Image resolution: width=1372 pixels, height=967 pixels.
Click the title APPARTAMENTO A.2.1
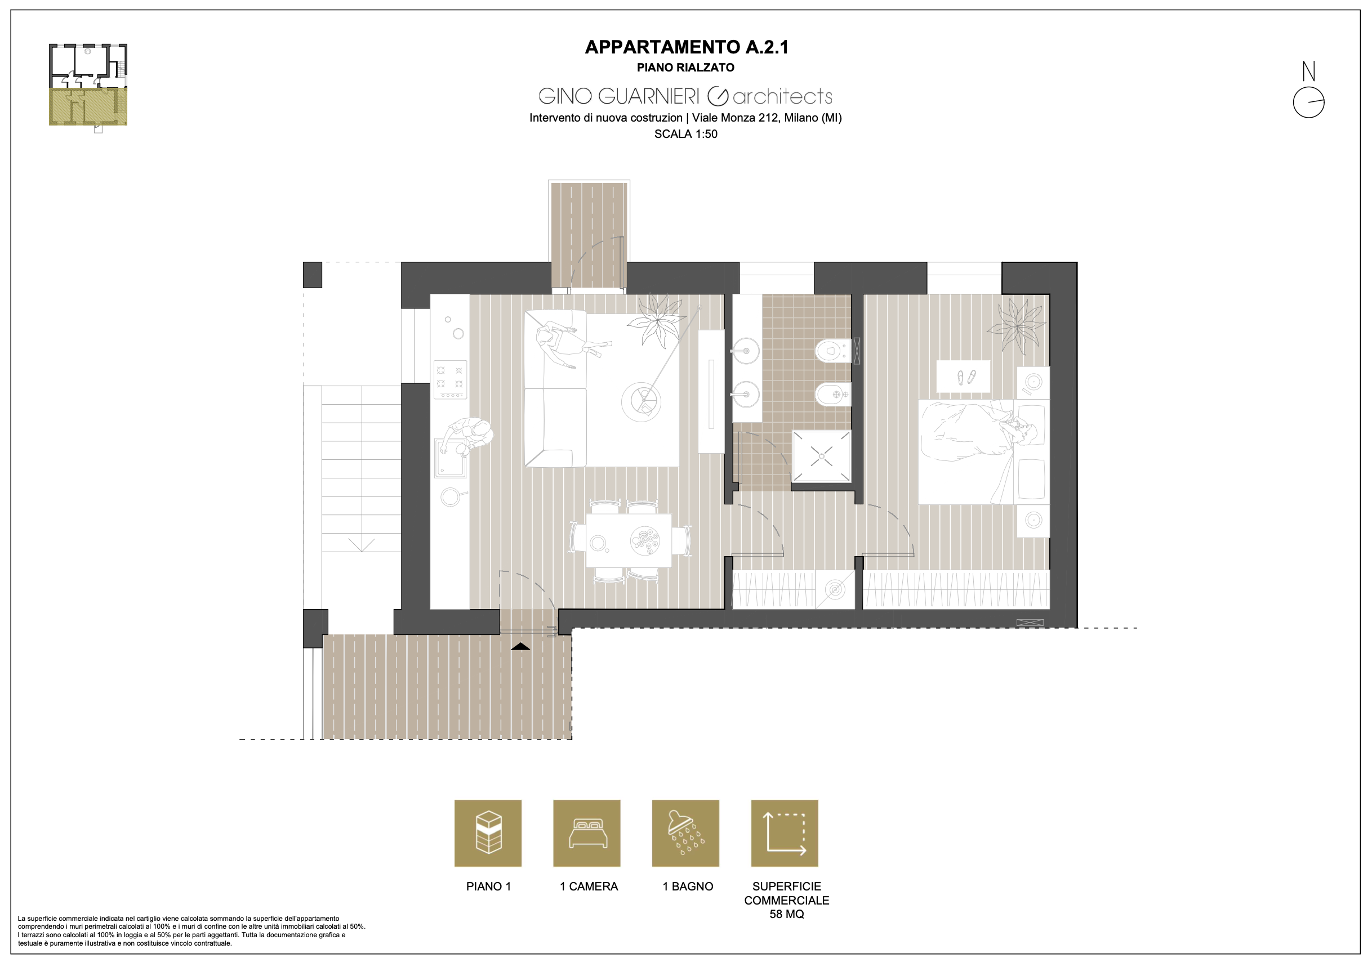(686, 47)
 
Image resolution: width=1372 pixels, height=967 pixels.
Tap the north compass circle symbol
(1309, 103)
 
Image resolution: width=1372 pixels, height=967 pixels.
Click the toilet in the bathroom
(832, 351)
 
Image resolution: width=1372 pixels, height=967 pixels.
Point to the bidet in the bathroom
(832, 394)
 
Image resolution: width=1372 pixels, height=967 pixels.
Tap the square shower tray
(821, 456)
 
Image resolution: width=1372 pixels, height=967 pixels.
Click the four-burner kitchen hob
(450, 379)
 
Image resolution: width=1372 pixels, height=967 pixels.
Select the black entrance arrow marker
(520, 646)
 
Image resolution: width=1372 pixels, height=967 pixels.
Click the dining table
(629, 540)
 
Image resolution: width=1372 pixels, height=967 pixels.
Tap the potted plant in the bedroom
(1017, 325)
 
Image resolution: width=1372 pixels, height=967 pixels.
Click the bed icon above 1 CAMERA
(588, 834)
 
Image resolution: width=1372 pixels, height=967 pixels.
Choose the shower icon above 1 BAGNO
(685, 832)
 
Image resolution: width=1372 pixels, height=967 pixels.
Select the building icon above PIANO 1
(488, 832)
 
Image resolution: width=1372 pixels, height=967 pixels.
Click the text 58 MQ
(786, 915)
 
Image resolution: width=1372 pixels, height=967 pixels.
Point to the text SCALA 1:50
(686, 135)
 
